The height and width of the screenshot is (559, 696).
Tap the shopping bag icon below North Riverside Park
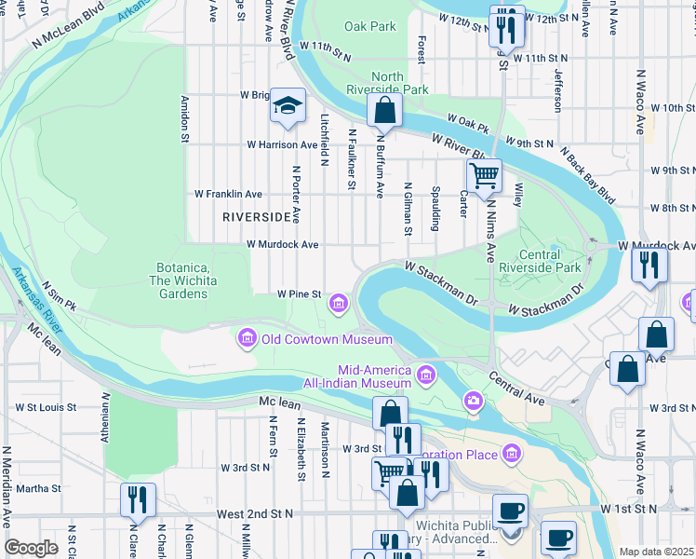(x=383, y=110)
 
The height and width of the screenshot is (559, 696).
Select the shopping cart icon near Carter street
(x=484, y=174)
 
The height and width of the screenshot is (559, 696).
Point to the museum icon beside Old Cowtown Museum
(x=247, y=338)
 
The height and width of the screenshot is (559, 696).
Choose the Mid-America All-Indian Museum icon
(x=426, y=375)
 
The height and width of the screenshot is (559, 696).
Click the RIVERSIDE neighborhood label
(x=258, y=216)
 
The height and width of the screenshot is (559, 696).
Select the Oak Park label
(x=369, y=27)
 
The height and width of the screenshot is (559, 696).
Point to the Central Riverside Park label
(x=541, y=261)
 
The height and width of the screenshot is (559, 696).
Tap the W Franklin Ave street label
(x=228, y=194)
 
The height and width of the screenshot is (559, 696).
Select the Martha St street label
(x=38, y=487)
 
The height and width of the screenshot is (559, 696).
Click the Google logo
(x=31, y=548)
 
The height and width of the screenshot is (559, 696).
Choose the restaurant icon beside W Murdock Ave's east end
(x=649, y=265)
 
